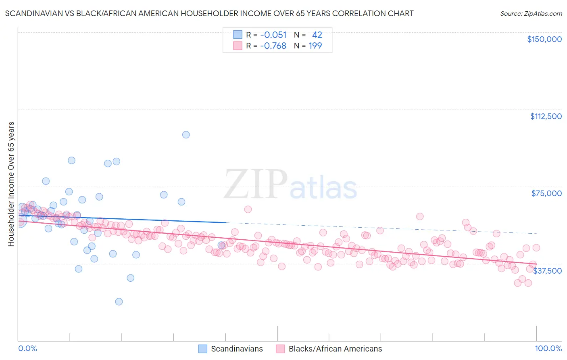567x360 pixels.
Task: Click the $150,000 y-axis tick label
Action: click(544, 39)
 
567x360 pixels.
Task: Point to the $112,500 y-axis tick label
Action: click(546, 116)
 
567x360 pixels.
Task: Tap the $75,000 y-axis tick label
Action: click(546, 193)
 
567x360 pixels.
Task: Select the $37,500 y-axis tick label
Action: click(547, 270)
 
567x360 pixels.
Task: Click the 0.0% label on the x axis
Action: click(27, 348)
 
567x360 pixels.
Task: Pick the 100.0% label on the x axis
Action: click(548, 348)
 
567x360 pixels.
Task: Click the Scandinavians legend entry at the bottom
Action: click(237, 349)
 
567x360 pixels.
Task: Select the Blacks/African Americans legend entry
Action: click(335, 349)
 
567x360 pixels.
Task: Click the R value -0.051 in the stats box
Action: click(273, 35)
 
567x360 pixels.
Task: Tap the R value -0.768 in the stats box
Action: click(273, 46)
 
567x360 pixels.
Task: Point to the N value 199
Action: click(315, 46)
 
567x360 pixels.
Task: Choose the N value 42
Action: click(317, 35)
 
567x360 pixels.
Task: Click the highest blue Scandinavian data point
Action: click(186, 135)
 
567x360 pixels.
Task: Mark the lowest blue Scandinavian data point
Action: click(119, 301)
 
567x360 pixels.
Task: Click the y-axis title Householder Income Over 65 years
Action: click(11, 184)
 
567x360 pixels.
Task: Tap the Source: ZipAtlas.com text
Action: click(531, 13)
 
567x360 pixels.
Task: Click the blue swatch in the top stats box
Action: click(238, 35)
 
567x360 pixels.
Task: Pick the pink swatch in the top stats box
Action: click(238, 46)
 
